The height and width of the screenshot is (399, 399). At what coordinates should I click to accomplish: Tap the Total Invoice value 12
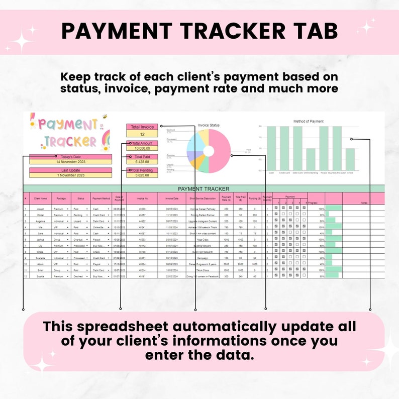tap(142, 134)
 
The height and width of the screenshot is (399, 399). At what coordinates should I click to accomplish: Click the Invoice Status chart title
tap(209, 125)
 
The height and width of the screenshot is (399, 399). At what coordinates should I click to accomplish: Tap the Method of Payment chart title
tap(308, 121)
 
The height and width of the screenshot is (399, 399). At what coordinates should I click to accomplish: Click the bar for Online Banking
tap(311, 160)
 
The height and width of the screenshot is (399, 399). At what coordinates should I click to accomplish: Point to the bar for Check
tap(350, 160)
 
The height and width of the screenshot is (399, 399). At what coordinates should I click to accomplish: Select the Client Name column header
tap(40, 198)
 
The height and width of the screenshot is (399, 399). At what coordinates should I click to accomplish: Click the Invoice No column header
tap(142, 198)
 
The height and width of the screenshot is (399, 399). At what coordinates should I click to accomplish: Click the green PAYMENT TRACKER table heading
tap(204, 188)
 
